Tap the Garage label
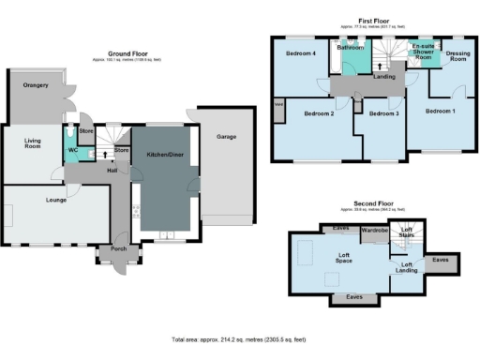click(x=226, y=137)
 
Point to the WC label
click(x=71, y=149)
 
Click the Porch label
click(x=118, y=248)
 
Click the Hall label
click(x=112, y=171)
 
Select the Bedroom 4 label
click(x=301, y=53)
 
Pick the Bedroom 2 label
click(x=319, y=113)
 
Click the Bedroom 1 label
click(x=440, y=111)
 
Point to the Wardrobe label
click(x=375, y=230)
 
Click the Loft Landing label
click(x=407, y=267)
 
